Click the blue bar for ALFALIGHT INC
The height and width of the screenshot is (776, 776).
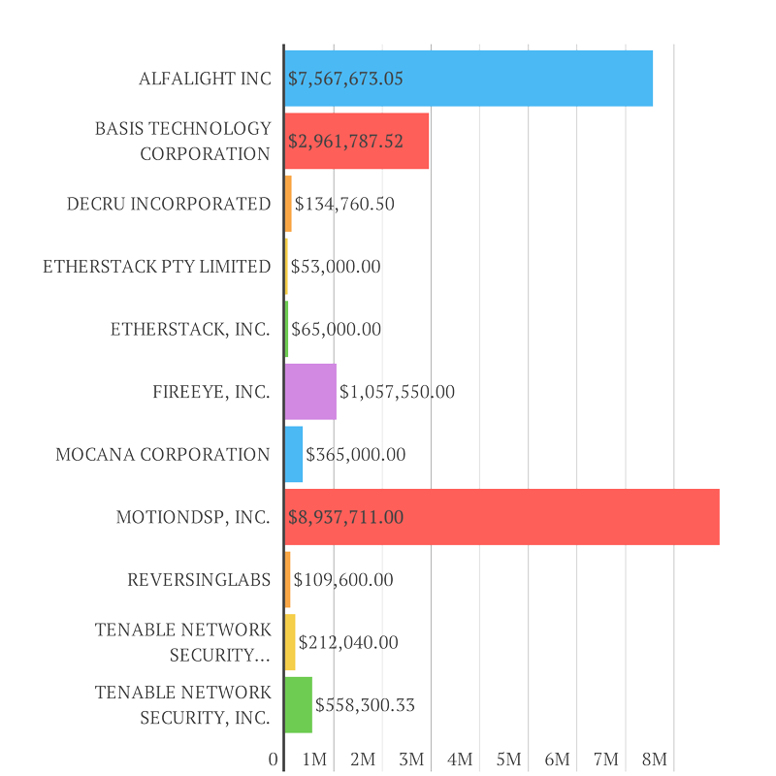click(469, 79)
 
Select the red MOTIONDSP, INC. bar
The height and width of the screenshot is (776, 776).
click(501, 517)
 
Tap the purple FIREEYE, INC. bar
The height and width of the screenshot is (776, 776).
click(310, 392)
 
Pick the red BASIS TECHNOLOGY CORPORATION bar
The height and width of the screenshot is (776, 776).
click(357, 141)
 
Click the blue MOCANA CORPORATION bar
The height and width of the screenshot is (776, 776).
click(294, 454)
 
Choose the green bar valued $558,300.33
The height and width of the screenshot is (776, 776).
click(299, 705)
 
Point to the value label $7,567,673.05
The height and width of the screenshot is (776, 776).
click(345, 79)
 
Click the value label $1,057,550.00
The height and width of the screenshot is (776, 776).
click(397, 392)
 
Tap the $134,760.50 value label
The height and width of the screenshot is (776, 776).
click(344, 204)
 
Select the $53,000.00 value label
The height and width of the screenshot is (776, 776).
click(336, 267)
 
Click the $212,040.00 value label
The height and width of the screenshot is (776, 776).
click(348, 642)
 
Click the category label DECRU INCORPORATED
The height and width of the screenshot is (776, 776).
click(169, 204)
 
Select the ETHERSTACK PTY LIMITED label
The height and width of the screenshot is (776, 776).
click(156, 267)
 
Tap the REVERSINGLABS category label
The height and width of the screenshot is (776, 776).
click(199, 580)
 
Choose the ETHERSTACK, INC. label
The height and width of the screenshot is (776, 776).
click(190, 329)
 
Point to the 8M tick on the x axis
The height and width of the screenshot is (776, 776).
click(656, 760)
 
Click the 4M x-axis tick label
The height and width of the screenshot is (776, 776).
click(461, 760)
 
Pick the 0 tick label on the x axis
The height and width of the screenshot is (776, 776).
click(275, 760)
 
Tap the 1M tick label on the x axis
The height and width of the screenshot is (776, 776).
click(314, 760)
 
